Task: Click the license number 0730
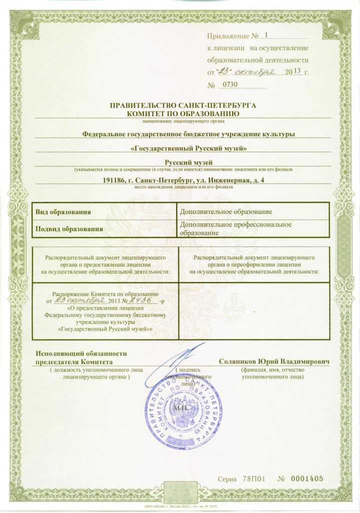click(229, 85)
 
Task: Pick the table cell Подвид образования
click(69, 229)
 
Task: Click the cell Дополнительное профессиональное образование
click(235, 229)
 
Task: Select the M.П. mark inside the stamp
click(179, 409)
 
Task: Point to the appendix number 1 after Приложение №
click(266, 35)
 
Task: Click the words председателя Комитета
click(74, 362)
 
